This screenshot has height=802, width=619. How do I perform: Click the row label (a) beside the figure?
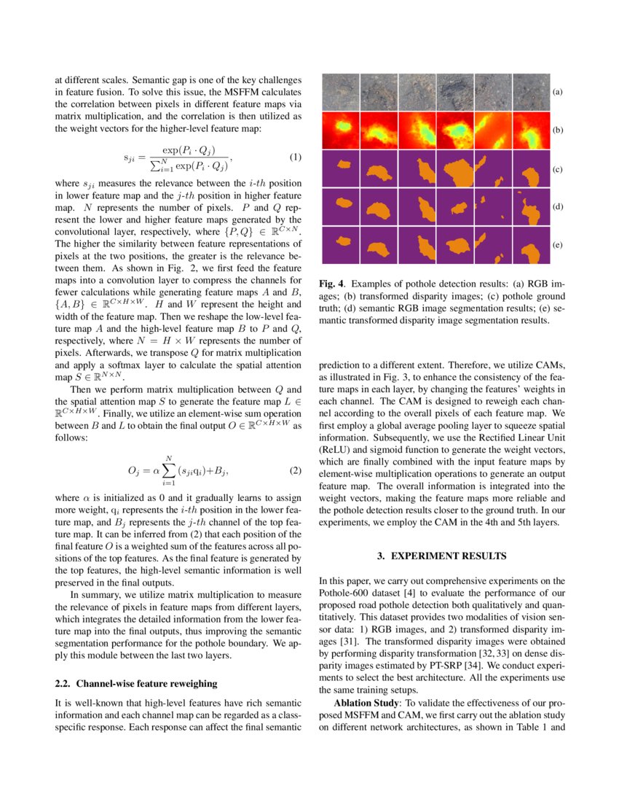coord(557,93)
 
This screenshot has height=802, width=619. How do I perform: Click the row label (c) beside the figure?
coord(557,169)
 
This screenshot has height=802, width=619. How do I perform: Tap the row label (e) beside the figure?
coord(557,246)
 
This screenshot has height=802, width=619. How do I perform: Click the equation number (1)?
coord(295,157)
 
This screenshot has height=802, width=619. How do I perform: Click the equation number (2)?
coord(295,470)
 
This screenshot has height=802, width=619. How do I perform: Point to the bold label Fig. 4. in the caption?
coord(333,283)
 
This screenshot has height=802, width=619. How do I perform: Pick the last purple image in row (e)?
coord(530,246)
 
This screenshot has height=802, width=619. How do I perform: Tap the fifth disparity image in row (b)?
coord(492,131)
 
